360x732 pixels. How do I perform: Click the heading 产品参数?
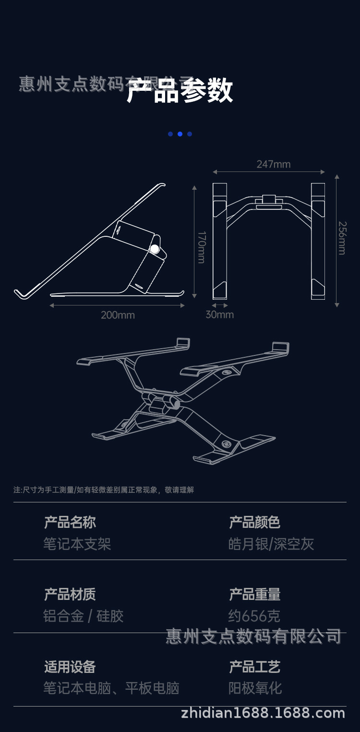click(x=180, y=90)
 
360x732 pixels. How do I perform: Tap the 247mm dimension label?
click(x=273, y=164)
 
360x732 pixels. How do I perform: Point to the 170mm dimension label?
click(x=202, y=247)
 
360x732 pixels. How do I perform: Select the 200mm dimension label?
click(x=118, y=315)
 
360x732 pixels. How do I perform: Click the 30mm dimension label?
click(x=219, y=315)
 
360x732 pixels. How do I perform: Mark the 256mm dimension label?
click(x=342, y=238)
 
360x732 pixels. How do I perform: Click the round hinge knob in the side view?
click(x=155, y=249)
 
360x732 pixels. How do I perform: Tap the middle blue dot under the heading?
click(x=180, y=134)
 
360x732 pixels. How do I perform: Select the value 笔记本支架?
click(x=77, y=544)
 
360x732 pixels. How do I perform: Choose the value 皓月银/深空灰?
click(x=271, y=544)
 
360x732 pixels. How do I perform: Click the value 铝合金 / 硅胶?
click(x=84, y=616)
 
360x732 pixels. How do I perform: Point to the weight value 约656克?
click(x=254, y=616)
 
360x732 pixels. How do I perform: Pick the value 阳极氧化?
click(x=255, y=688)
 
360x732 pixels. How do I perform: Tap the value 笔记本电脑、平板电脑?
click(x=111, y=688)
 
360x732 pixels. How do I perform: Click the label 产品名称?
click(x=70, y=522)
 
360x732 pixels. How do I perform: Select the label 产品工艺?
click(x=254, y=667)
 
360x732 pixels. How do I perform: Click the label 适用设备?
click(x=70, y=667)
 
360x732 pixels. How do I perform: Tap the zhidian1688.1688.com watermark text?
click(x=263, y=713)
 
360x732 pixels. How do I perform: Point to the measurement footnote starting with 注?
click(x=104, y=490)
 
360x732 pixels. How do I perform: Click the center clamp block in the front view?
click(x=269, y=201)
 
